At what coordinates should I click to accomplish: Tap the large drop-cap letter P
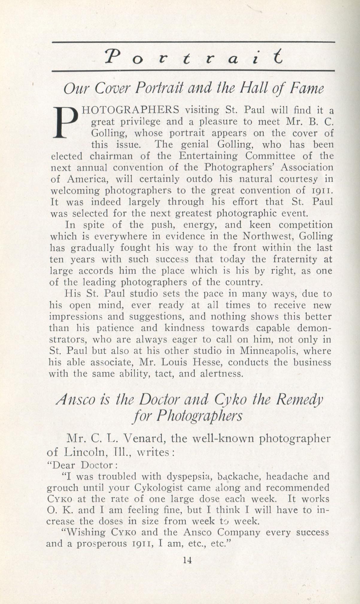click(65, 122)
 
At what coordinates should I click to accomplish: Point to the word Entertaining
click(209, 157)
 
